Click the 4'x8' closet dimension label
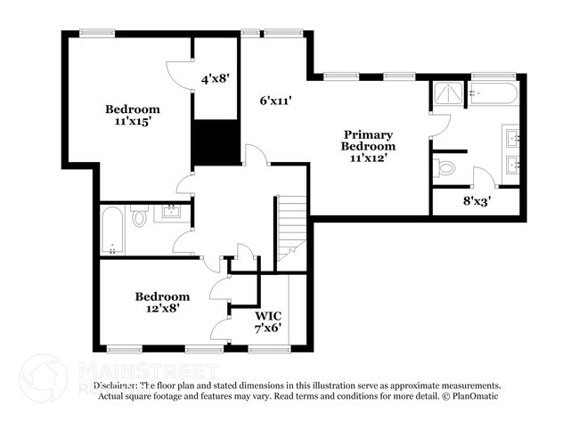click(x=216, y=78)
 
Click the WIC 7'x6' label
click(x=268, y=321)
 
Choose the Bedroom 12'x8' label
click(x=162, y=303)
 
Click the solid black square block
click(x=216, y=142)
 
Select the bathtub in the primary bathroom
click(x=492, y=93)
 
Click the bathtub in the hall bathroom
click(x=112, y=230)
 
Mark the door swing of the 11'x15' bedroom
click(x=178, y=73)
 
